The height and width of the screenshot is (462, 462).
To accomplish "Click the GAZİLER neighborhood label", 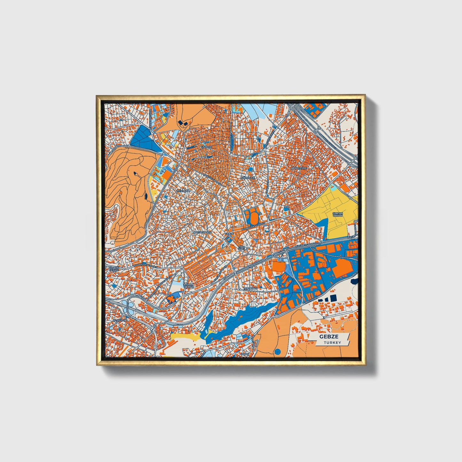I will pos(206,147).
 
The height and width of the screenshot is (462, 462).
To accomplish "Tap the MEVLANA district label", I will pos(183,191).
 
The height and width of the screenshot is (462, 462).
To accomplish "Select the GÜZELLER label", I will pos(248,177).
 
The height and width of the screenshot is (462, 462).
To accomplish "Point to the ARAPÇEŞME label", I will pos(299,168).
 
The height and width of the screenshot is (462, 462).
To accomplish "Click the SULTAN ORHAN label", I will pos(338,215).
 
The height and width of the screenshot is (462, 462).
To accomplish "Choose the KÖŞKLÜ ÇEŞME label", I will pos(114,269).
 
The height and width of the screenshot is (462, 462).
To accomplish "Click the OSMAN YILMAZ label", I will pos(188,286).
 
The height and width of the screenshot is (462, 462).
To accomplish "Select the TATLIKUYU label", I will pos(250,289).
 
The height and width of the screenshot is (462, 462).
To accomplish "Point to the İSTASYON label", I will pos(120,320).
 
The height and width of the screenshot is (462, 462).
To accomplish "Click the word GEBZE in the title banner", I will pos(329,337).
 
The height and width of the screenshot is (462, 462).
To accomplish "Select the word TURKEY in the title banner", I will pos(332,343).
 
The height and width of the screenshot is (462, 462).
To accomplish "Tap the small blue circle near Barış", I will pos(277,352).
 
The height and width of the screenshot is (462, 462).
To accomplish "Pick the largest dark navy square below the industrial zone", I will pos(333,298).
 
